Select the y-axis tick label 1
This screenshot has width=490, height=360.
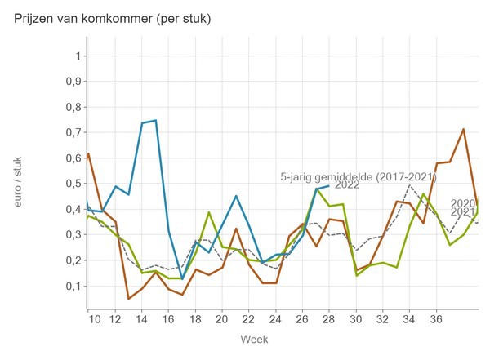pyautogui.click(x=78, y=56)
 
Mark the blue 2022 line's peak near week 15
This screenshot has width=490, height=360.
pyautogui.click(x=155, y=121)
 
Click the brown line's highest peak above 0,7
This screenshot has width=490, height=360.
pyautogui.click(x=464, y=129)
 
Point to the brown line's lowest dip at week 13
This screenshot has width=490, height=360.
pyautogui.click(x=128, y=299)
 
